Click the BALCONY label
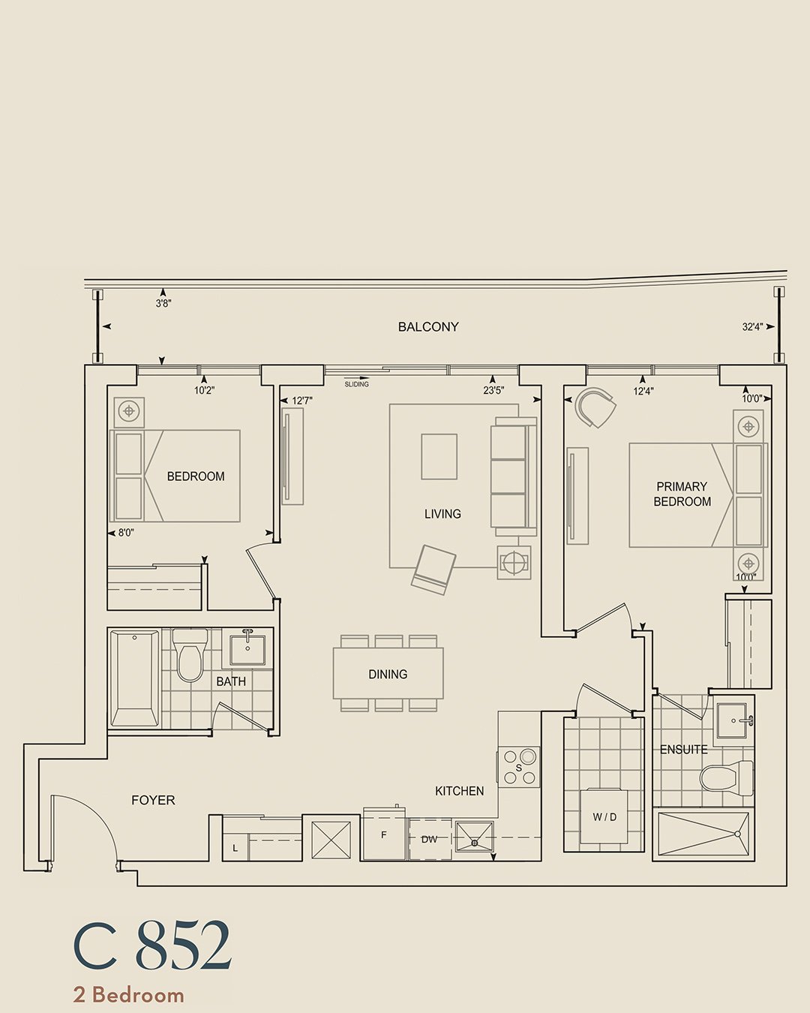[x=428, y=326]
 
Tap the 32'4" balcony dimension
[x=752, y=326]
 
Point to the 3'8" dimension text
[x=163, y=304]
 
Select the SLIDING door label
[x=357, y=384]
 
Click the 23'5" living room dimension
[x=493, y=390]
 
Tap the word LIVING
[x=442, y=513]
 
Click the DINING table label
[x=388, y=675]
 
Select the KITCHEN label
[x=459, y=792]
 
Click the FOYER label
[x=153, y=800]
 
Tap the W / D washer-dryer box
[x=604, y=818]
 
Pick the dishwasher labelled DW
[x=429, y=840]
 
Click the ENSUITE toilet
[x=726, y=778]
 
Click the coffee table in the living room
[x=439, y=457]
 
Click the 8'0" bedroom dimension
[x=126, y=533]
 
